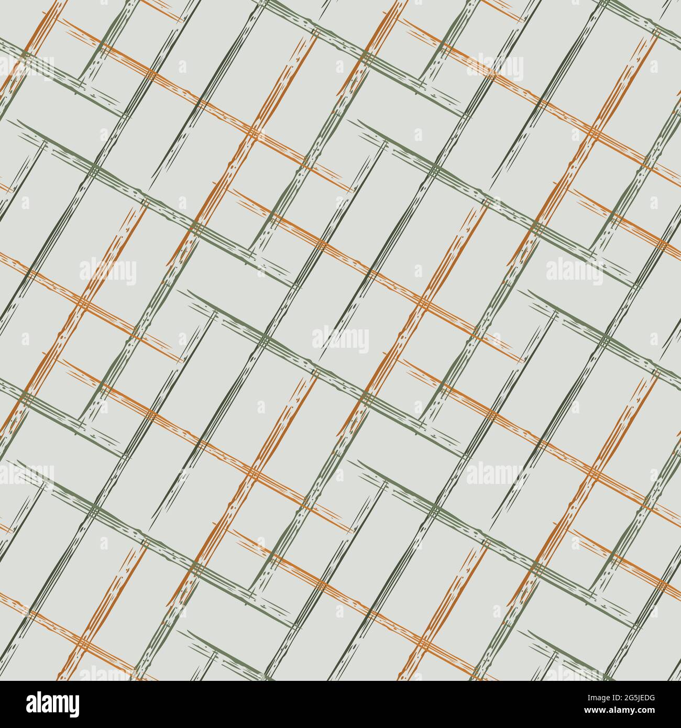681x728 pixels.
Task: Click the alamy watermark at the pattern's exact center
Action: click(x=340, y=340)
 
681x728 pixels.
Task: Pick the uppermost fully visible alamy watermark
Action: click(x=495, y=69)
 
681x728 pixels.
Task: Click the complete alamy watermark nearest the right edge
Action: click(x=574, y=272)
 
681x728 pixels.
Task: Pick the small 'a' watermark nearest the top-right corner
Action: click(x=654, y=67)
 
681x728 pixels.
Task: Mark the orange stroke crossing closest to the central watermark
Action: click(x=425, y=303)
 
